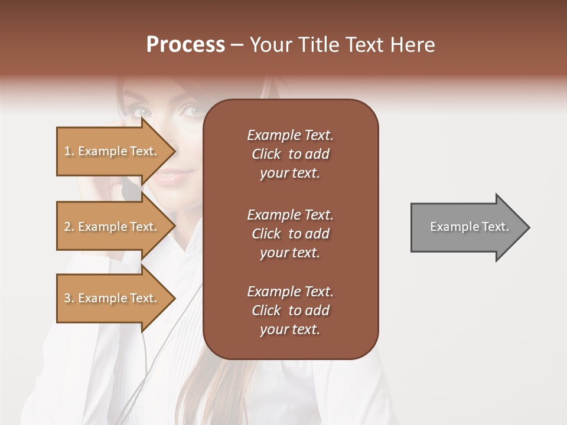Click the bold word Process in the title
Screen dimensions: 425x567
185,45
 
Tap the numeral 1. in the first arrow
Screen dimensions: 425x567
69,151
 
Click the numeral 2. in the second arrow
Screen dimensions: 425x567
69,227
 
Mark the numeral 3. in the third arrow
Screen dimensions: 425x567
69,298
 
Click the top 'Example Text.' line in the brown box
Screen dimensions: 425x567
290,135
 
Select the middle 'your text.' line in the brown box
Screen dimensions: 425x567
290,253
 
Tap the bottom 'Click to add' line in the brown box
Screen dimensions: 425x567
290,310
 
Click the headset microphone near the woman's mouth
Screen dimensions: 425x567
128,190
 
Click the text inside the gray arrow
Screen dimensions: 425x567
470,227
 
